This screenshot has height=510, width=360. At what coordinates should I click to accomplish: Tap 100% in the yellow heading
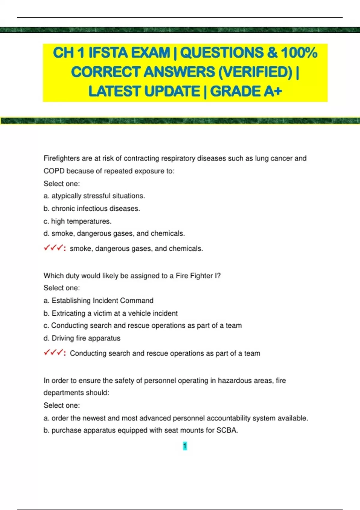click(299, 53)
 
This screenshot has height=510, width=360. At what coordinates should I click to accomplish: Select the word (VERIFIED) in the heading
click(255, 72)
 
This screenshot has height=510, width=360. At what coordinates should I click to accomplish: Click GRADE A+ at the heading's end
click(246, 91)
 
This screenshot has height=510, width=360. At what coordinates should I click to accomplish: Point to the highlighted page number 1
click(185, 446)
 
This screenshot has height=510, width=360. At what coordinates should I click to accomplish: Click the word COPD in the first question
click(54, 171)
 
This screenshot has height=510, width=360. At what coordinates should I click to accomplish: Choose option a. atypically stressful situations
click(94, 196)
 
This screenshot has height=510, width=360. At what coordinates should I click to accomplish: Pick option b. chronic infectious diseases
click(92, 208)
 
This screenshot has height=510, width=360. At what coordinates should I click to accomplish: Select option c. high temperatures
click(77, 221)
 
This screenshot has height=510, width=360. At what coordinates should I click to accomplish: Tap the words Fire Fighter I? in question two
click(198, 276)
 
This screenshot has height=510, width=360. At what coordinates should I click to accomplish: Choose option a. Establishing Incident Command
click(98, 301)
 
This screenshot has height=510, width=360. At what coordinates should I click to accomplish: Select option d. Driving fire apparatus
click(82, 338)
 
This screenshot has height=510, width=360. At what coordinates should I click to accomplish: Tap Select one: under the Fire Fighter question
click(62, 288)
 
